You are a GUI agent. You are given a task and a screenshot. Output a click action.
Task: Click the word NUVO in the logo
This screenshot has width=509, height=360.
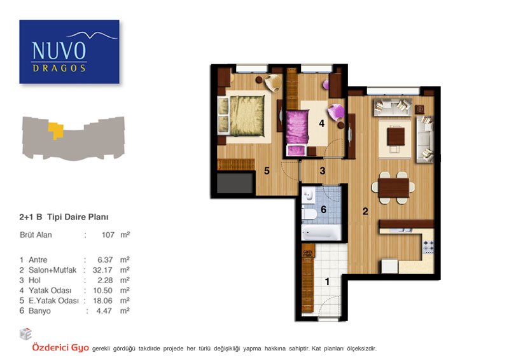tap(59, 50)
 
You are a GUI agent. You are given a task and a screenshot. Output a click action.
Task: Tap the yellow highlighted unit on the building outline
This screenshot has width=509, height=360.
tap(56, 130)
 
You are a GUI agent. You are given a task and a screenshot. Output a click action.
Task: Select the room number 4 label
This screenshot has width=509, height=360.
tap(322, 123)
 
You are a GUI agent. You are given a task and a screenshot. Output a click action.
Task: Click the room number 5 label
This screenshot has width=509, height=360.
tap(267, 170)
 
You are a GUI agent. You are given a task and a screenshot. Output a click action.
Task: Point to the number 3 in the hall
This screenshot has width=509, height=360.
tap(323, 170)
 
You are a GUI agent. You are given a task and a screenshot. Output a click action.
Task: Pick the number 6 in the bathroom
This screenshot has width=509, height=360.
tap(323, 210)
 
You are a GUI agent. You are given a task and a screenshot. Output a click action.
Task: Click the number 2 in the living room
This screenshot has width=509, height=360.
tap(365, 211)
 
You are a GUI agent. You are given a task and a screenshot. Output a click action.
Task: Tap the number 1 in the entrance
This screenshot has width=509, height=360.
tap(327, 281)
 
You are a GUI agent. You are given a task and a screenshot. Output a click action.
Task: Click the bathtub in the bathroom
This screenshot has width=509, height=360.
tap(321, 232)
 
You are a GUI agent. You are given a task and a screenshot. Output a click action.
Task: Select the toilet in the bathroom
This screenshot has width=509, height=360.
tap(309, 214)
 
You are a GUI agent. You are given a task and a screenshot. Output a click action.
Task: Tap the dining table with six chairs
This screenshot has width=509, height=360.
tap(393, 188)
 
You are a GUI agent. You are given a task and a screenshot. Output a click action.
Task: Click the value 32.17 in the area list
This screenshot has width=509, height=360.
tap(102, 270)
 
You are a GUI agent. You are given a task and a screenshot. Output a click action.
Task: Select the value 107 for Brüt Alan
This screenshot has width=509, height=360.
tap(108, 235)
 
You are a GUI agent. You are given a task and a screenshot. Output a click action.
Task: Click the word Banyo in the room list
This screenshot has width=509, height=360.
tap(39, 311)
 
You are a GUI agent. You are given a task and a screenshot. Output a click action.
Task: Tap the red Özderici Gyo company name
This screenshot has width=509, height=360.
tap(60, 348)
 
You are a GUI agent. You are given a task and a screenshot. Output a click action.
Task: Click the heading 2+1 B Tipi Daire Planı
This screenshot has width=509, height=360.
tap(64, 217)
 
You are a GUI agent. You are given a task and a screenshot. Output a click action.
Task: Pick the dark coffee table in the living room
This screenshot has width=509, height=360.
tap(396, 137)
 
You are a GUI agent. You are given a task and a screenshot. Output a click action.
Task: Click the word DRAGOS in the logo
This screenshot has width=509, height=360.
tap(59, 68)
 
